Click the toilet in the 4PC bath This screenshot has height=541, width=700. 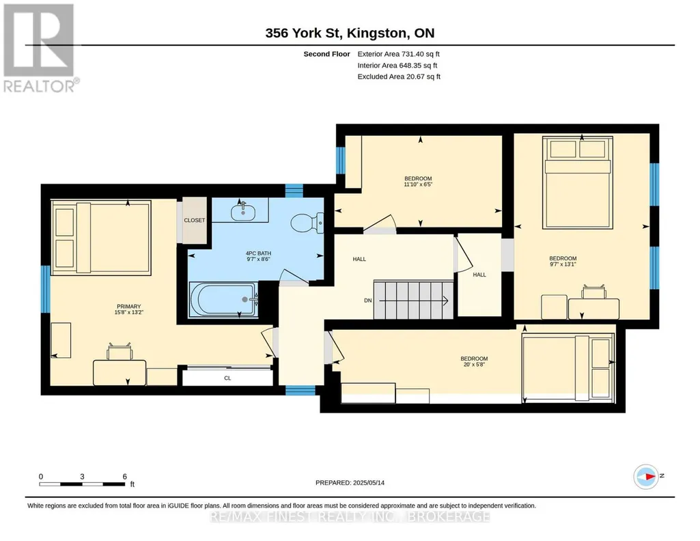[307, 223]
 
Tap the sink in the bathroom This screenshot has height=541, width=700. [243, 212]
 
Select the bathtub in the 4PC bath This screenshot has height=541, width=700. [223, 299]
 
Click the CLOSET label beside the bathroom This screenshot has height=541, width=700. [195, 221]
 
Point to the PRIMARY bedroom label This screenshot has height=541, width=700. [128, 306]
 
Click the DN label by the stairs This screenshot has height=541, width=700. [368, 301]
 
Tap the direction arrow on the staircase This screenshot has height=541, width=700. [413, 301]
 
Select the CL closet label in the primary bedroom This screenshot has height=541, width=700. [227, 378]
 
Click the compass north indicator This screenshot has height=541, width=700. [646, 477]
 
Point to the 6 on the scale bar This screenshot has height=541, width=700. [124, 476]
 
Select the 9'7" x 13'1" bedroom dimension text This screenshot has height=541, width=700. [563, 264]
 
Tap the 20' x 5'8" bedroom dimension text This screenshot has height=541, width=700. [474, 364]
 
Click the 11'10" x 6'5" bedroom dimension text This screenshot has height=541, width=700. [419, 184]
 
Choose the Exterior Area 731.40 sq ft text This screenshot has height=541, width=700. [399, 54]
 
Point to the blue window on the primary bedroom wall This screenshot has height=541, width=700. [46, 289]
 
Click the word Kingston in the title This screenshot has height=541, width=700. [377, 33]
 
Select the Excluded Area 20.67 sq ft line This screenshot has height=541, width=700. [399, 77]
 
